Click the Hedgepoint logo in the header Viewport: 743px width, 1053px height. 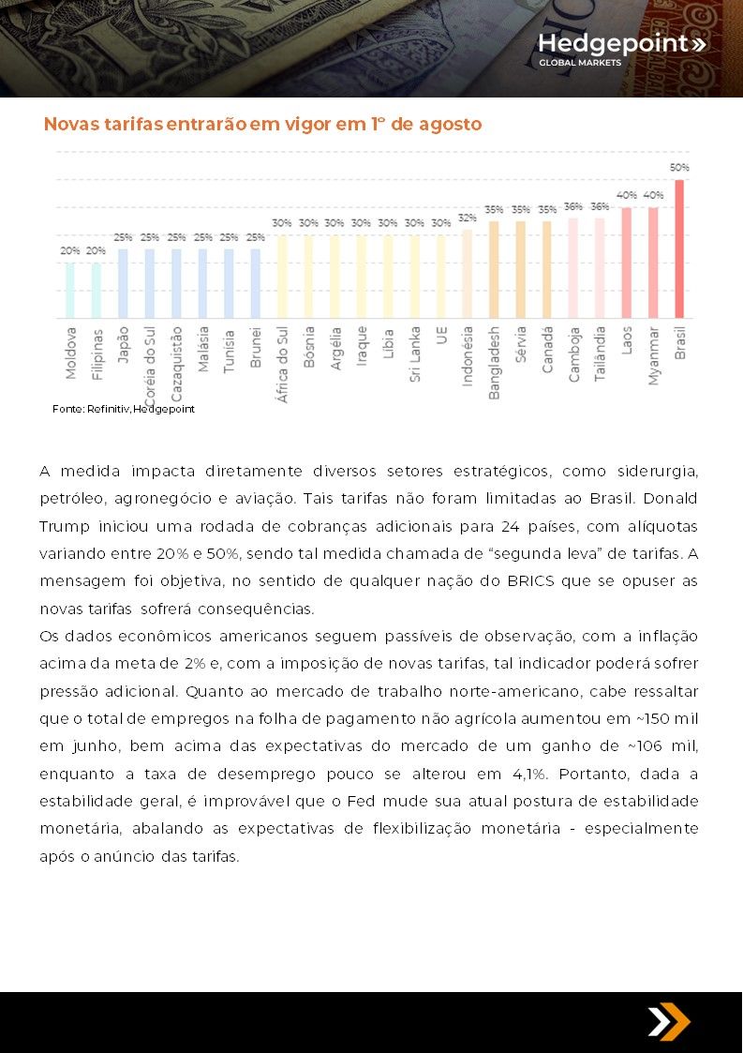coord(621,50)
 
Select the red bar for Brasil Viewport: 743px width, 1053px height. coord(679,248)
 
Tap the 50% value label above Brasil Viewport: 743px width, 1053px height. coord(679,167)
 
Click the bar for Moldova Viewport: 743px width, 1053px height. coord(70,290)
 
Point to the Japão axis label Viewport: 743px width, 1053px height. coord(123,345)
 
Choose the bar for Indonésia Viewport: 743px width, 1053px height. coord(468,273)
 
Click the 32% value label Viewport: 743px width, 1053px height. coord(468,218)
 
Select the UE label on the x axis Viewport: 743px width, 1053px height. coord(441,336)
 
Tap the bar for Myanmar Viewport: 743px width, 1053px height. coord(653,263)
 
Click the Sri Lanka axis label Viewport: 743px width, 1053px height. coord(415,354)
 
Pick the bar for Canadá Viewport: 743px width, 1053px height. coord(547,269)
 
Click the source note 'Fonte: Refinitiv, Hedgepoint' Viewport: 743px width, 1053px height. coord(124,409)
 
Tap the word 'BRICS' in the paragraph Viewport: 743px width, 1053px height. coord(531,581)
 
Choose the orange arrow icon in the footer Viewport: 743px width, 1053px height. coord(668,1021)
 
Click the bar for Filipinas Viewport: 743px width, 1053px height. coord(96,290)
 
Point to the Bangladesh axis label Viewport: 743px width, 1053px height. coord(494,363)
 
